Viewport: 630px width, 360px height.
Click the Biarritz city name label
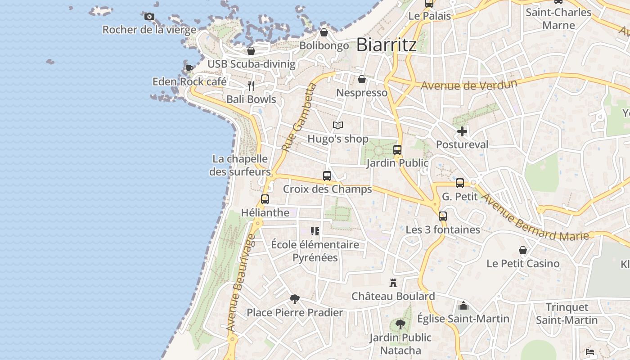tap(386, 45)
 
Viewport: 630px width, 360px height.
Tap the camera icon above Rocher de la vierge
tap(149, 17)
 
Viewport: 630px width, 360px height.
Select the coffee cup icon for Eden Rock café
tap(189, 69)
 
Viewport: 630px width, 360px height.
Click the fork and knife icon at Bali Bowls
tap(251, 85)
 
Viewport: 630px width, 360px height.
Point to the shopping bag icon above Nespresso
tap(362, 80)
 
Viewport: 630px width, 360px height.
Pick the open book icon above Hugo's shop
tap(338, 126)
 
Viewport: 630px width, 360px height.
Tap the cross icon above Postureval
tap(462, 131)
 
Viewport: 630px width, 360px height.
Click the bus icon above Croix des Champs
tap(327, 176)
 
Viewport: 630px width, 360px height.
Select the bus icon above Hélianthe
tap(265, 199)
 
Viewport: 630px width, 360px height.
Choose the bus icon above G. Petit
tap(460, 183)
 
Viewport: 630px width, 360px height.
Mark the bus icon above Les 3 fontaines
tap(443, 216)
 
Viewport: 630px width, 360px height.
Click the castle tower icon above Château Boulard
tap(393, 283)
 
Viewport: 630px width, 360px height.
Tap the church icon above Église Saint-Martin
tap(463, 306)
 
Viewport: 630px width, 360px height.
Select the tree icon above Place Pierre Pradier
tap(295, 299)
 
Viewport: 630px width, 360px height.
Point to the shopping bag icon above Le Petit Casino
tap(523, 250)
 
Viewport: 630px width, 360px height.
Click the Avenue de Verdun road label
tap(469, 85)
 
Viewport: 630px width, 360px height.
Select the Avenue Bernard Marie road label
tap(534, 216)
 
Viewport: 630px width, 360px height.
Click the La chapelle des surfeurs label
tap(240, 165)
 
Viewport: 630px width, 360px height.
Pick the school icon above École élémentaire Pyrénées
tap(315, 231)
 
